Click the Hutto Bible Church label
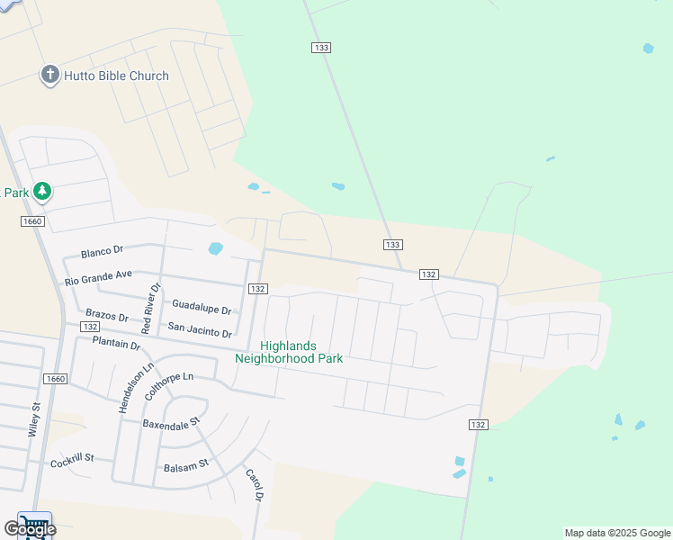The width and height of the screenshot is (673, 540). pos(116,76)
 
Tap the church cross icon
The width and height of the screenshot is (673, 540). pos(50,76)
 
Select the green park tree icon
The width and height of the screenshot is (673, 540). pos(41,192)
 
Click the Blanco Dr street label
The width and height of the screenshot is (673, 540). pos(102,251)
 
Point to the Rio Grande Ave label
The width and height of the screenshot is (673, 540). pos(99,279)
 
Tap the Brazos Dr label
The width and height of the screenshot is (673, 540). pos(108,314)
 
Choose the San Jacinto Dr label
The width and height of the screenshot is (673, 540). pos(200,330)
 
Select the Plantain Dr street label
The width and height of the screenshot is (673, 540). pos(116,344)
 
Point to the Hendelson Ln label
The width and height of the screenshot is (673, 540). pos(125,388)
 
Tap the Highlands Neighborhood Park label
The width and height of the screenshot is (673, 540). pos(289,352)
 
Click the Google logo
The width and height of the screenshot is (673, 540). pos(30,529)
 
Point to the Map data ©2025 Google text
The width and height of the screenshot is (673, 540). pos(617,533)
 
